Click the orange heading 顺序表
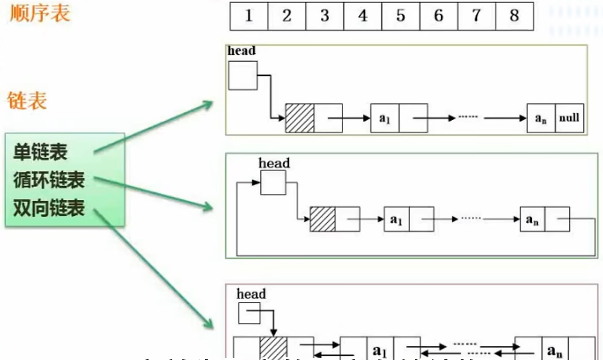click(40, 13)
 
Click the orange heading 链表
click(27, 100)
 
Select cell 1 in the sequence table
click(249, 16)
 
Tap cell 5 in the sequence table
click(401, 16)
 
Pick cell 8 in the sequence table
click(514, 16)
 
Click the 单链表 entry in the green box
click(41, 153)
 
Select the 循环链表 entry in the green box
click(49, 180)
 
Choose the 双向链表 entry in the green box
click(49, 208)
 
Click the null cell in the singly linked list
click(569, 118)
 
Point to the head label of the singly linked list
click(241, 51)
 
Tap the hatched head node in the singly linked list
click(299, 118)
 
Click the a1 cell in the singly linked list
click(384, 118)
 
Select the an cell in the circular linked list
click(532, 219)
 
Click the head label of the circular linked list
click(274, 163)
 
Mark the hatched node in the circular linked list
click(322, 219)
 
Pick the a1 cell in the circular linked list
click(396, 219)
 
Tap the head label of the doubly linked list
click(251, 294)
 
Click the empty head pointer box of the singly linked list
click(242, 75)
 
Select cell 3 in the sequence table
click(325, 16)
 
